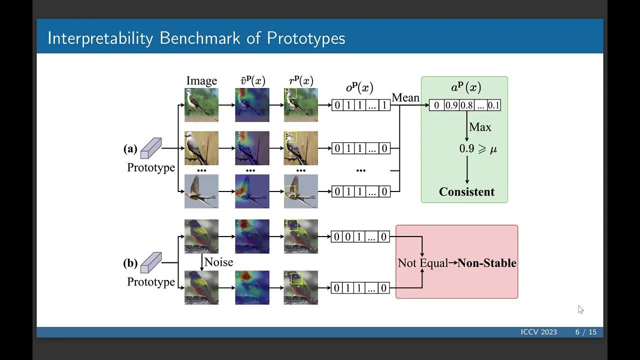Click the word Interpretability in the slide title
click(x=99, y=38)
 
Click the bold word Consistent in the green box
click(x=466, y=192)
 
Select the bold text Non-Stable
click(x=487, y=263)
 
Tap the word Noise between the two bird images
click(x=218, y=262)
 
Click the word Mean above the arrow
click(x=405, y=97)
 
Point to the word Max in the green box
click(x=480, y=127)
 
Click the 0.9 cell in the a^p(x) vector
click(x=451, y=105)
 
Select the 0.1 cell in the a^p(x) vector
click(x=493, y=105)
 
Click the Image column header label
click(x=201, y=81)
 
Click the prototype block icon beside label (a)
click(x=151, y=148)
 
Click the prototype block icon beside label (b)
click(x=151, y=262)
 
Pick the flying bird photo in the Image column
click(x=201, y=191)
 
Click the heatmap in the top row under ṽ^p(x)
click(x=252, y=105)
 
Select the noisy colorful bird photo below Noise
click(x=201, y=287)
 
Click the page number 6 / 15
click(x=585, y=332)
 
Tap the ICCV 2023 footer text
click(x=538, y=332)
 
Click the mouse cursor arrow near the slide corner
click(x=580, y=309)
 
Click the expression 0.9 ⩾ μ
click(x=478, y=149)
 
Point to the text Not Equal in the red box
click(x=422, y=263)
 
